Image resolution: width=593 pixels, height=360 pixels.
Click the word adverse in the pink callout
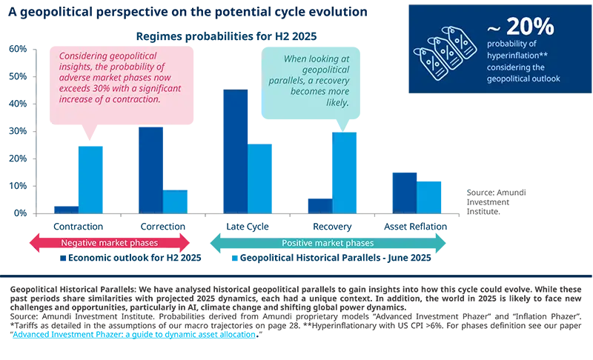point(75,78)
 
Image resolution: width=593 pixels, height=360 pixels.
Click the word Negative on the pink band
point(79,243)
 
